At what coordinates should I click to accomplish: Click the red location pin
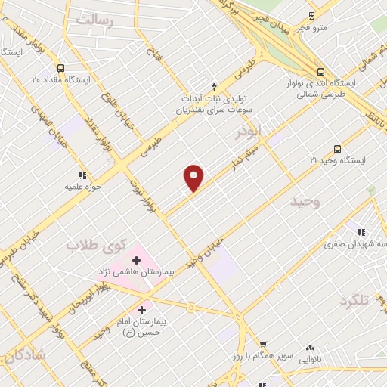[194, 178]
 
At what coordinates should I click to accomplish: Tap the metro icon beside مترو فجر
[311, 16]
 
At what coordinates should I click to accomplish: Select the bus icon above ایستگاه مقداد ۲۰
[60, 67]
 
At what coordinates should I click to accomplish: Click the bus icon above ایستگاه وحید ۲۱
[337, 149]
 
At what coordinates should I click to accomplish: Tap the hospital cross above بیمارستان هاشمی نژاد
[137, 260]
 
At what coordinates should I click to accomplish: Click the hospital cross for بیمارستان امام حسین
[141, 310]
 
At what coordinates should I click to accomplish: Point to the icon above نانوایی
[310, 348]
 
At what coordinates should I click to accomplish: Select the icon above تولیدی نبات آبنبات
[214, 85]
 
